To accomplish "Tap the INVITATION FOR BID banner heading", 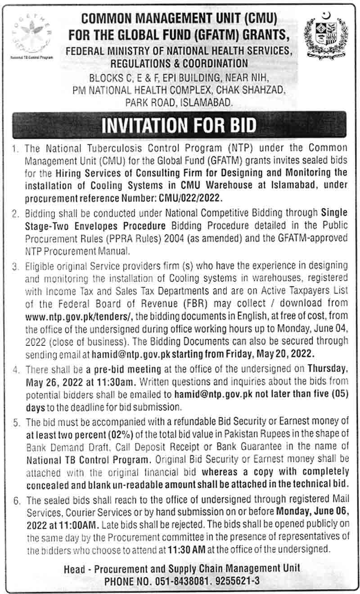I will tap(179, 126).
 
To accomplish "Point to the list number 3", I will tap(17, 266).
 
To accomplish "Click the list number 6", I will tap(17, 500).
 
